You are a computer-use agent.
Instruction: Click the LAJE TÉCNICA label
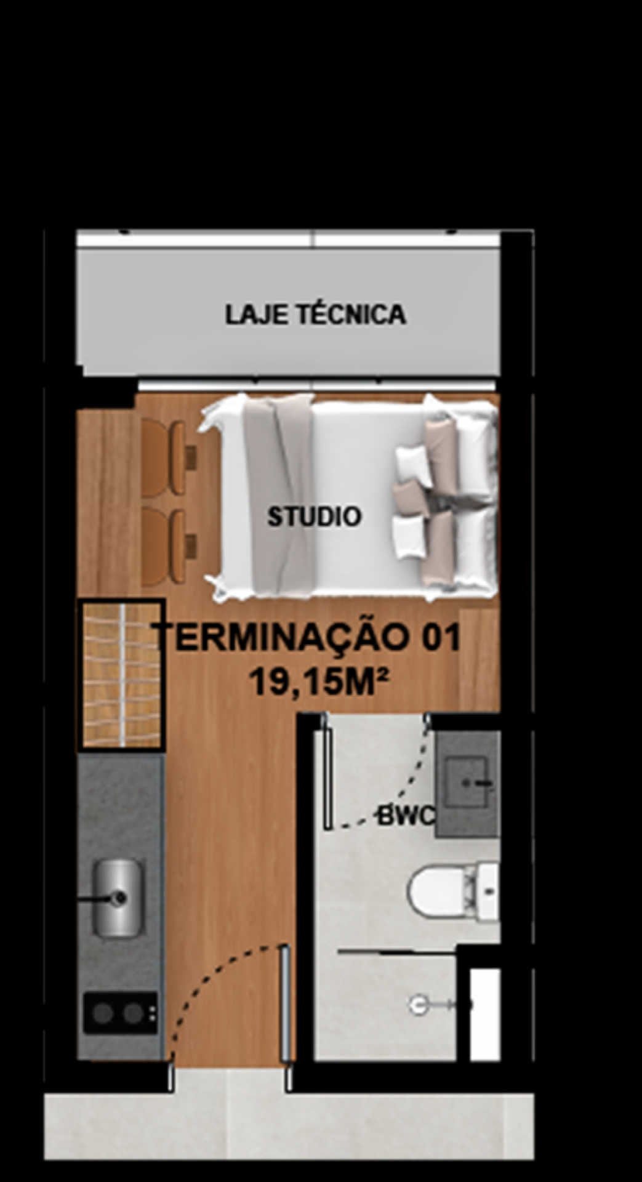315,315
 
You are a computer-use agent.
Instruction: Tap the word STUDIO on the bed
314,517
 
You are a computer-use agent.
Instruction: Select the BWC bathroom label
406,817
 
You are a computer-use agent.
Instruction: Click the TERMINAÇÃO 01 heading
308,637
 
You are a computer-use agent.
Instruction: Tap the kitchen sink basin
117,898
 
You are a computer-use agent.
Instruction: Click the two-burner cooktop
121,1013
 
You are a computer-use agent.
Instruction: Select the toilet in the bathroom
453,892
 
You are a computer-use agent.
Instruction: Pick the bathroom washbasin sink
467,782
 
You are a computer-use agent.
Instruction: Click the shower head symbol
419,1005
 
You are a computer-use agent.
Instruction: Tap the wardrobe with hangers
121,675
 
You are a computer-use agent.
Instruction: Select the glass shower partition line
397,952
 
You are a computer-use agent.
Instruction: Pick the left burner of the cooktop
103,1013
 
